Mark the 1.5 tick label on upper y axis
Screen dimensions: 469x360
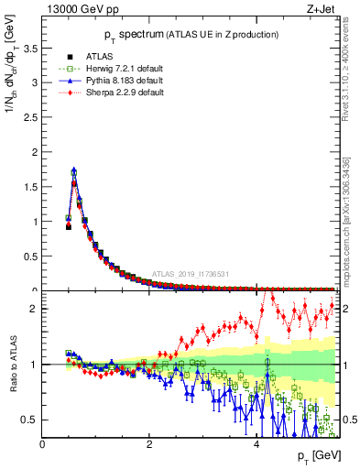(31, 186)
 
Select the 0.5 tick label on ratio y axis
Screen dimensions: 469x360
(31, 420)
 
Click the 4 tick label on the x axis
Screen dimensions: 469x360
(256, 444)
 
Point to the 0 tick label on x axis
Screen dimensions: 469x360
(42, 444)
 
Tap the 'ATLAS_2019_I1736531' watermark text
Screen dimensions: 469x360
(191, 274)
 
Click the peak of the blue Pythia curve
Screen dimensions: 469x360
(73, 169)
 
